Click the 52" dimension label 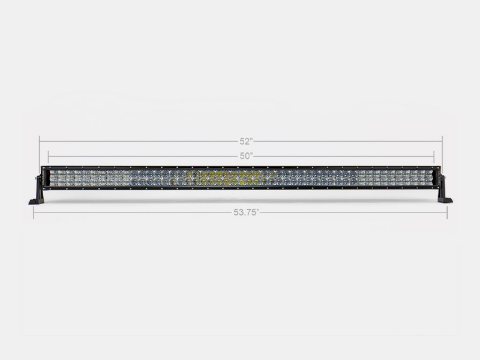246,142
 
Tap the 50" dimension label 246,155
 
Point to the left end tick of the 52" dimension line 40,142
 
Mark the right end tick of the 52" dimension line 442,142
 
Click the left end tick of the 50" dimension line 48,155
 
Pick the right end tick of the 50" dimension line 434,155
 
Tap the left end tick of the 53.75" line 34,212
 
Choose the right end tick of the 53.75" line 447,212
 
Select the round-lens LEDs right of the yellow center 312,178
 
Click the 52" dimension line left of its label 138,142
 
